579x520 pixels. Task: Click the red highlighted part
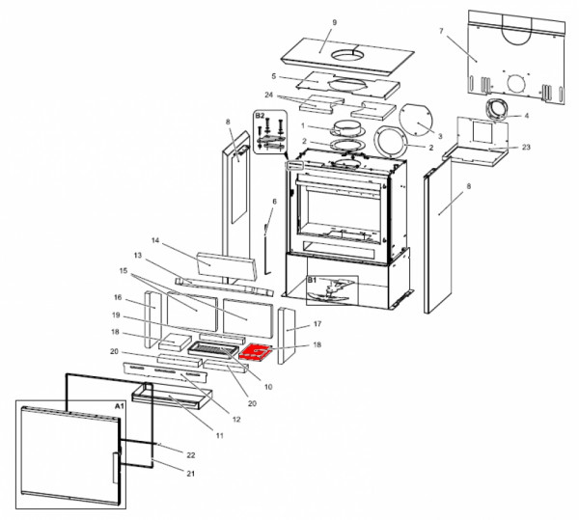(x=258, y=353)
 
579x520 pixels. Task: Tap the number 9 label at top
(x=334, y=21)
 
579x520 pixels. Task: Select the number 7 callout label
(x=441, y=32)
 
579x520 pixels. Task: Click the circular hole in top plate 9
(x=345, y=55)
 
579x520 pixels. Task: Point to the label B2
(x=259, y=116)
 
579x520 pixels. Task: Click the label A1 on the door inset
(x=119, y=408)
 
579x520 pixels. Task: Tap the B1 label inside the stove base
(x=312, y=281)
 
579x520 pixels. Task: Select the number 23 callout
(x=526, y=148)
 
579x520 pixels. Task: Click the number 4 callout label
(x=526, y=115)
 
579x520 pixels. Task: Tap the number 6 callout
(x=273, y=201)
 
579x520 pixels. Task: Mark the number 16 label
(x=118, y=298)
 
